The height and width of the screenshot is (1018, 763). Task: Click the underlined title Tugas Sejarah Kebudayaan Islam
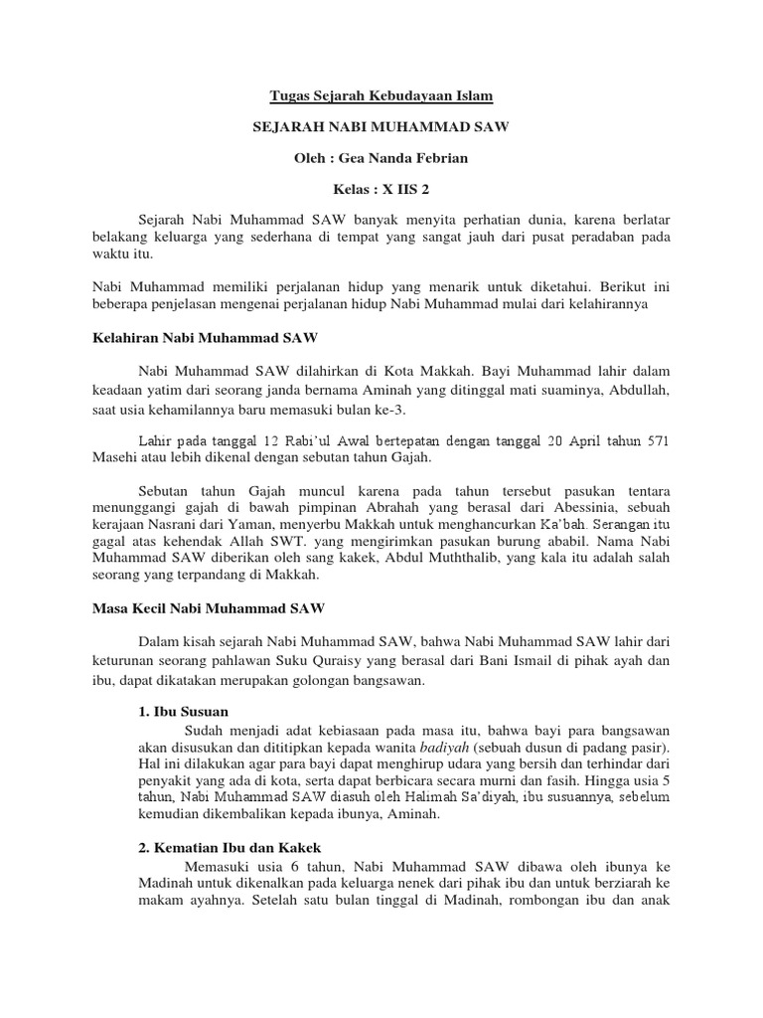(x=381, y=96)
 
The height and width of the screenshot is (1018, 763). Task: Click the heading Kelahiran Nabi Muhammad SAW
(x=198, y=338)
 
